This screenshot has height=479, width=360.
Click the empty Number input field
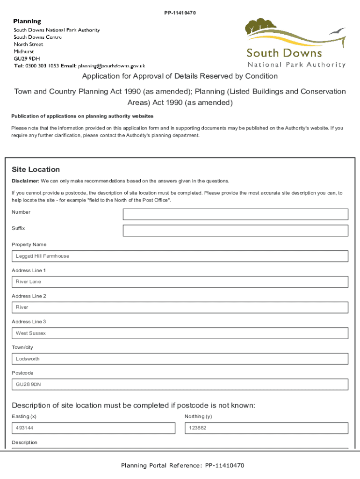pyautogui.click(x=235, y=214)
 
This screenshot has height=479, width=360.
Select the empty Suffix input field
pyautogui.click(x=235, y=231)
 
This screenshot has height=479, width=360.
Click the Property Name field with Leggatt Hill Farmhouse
pyautogui.click(x=180, y=256)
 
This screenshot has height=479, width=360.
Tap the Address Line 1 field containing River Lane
pyautogui.click(x=180, y=282)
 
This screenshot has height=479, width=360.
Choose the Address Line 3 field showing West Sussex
pyautogui.click(x=180, y=333)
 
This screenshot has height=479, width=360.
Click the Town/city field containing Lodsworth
pyautogui.click(x=180, y=359)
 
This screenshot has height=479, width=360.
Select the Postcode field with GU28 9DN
pyautogui.click(x=180, y=385)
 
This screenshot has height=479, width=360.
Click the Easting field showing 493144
pyautogui.click(x=94, y=428)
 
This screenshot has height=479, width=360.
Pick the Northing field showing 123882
pyautogui.click(x=266, y=428)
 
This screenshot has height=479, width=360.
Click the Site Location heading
pyautogui.click(x=36, y=169)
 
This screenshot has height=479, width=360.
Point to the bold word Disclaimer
pyautogui.click(x=25, y=181)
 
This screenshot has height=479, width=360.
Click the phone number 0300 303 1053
pyautogui.click(x=42, y=66)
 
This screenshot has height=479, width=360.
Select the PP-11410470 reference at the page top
pyautogui.click(x=180, y=13)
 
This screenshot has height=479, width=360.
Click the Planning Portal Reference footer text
pyautogui.click(x=182, y=465)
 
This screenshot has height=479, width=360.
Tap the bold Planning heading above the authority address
pyautogui.click(x=27, y=22)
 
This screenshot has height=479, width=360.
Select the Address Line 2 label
pyautogui.click(x=29, y=296)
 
